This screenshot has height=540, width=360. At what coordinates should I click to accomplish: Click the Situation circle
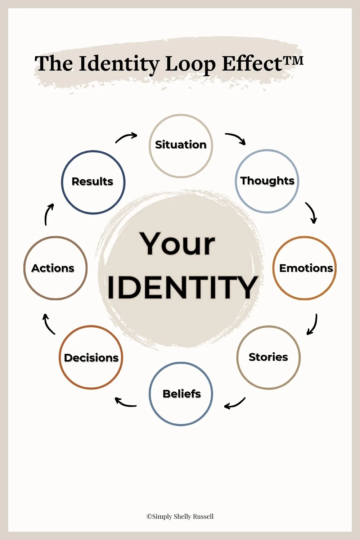181,146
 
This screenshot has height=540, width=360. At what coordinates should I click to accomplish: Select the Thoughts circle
267,181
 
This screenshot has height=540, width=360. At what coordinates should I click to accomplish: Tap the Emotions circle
305,268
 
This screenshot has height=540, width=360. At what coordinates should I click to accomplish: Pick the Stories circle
268,357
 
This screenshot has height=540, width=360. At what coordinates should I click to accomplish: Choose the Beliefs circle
181,394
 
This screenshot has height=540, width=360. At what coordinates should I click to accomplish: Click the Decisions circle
91,357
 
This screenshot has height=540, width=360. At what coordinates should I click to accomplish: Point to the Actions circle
55,268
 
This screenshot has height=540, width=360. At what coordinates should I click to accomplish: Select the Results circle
93,182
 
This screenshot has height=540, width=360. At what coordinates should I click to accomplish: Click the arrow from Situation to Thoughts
236,138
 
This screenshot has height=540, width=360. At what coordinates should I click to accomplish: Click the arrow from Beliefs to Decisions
125,402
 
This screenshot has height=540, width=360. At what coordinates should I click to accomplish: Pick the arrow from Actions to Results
49,214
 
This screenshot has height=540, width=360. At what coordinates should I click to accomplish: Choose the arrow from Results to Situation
126,137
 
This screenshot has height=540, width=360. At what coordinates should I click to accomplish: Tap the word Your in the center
178,244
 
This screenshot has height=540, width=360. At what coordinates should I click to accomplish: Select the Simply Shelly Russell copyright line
180,517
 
